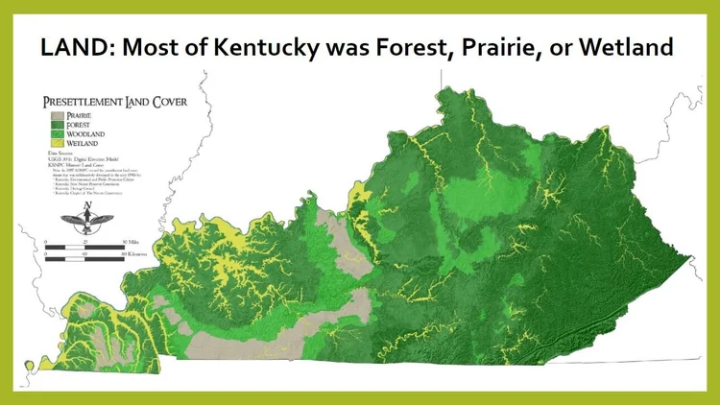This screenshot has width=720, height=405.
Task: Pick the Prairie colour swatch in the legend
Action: [x=53, y=114]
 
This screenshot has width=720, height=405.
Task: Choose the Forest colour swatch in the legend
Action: [x=53, y=124]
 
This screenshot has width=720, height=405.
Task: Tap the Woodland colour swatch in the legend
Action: [x=53, y=133]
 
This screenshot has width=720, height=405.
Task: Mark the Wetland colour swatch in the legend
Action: [x=53, y=143]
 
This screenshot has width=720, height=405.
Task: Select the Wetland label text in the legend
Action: [x=82, y=143]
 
